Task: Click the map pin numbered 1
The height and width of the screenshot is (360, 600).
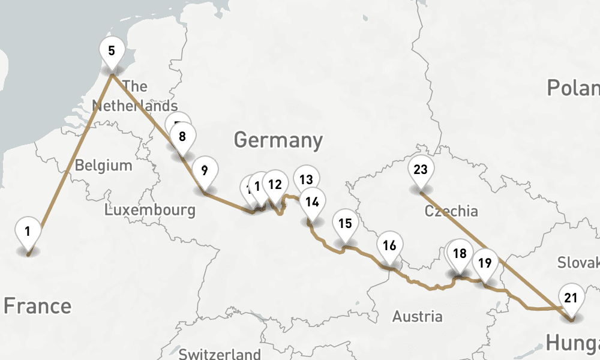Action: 28,231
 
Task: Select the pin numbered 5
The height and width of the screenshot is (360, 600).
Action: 112,50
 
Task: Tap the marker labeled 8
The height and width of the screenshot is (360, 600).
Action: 182,136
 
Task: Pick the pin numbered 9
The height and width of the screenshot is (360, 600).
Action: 205,171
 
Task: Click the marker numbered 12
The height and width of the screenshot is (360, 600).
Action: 275,184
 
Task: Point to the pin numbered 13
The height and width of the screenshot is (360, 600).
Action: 306,179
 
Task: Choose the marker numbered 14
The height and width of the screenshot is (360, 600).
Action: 312,202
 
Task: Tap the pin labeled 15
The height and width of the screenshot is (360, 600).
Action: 345,224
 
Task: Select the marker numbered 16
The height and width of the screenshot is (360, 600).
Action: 389,245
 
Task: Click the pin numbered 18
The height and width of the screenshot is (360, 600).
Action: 460,253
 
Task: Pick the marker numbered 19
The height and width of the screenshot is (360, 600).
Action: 485,262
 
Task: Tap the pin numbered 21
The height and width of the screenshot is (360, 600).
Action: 571,298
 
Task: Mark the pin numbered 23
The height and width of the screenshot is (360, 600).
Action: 421,169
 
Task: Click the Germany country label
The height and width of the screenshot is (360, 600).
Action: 278,140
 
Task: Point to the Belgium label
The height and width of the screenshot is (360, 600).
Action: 104,165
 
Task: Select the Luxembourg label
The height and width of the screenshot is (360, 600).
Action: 149,210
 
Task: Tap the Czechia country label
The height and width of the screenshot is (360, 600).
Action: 451,211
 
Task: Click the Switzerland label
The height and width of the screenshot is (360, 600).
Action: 220,353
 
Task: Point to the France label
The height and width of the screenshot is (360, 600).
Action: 37,306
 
